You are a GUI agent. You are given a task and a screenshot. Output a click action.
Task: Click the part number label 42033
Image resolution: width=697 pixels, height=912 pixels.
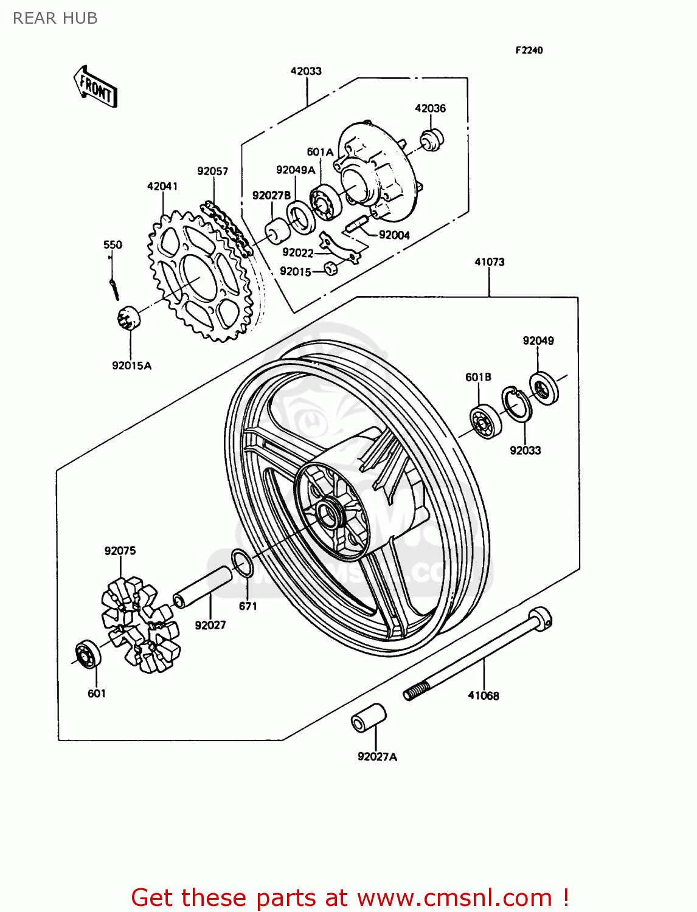click(x=306, y=71)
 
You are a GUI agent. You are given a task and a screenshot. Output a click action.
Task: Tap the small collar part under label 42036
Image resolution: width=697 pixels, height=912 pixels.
click(x=433, y=139)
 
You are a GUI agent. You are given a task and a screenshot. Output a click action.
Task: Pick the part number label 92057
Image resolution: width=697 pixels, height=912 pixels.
click(x=212, y=171)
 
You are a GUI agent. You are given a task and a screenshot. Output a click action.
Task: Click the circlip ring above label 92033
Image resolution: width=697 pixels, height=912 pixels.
click(x=516, y=404)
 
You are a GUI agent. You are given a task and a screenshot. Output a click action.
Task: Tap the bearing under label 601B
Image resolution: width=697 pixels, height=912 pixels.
click(x=485, y=421)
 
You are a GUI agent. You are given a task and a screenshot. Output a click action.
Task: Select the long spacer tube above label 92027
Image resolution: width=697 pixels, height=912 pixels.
click(x=203, y=587)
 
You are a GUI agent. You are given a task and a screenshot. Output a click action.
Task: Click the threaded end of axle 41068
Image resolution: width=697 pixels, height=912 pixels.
click(x=416, y=692)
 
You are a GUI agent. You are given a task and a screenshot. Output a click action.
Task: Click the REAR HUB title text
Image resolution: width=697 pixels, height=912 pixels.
click(x=55, y=19)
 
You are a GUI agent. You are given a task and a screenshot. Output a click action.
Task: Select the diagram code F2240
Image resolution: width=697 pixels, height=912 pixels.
click(x=529, y=50)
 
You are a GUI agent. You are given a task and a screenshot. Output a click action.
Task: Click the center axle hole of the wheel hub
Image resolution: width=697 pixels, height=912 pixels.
click(x=328, y=514)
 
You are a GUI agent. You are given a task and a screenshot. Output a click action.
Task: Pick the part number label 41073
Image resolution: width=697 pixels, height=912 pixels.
click(x=489, y=262)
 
